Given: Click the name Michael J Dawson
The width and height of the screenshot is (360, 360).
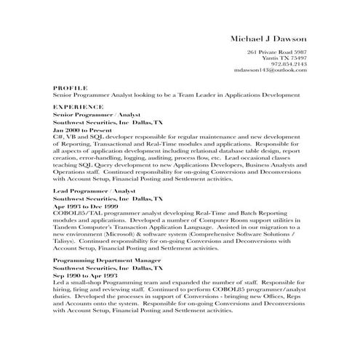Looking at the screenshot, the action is click(x=268, y=38).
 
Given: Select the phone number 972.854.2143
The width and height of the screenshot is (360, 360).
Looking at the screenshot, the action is click(x=289, y=65).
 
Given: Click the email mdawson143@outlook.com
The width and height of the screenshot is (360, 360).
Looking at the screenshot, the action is click(x=271, y=71).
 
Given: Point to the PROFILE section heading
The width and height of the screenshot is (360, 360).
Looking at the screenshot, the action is click(x=71, y=87).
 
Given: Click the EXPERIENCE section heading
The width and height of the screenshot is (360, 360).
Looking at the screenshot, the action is click(x=78, y=107).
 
